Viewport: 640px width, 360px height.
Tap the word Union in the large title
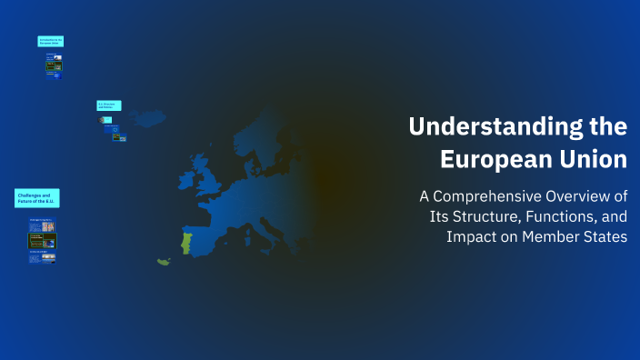coord(594,159)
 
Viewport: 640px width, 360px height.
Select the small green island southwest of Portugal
coord(164,262)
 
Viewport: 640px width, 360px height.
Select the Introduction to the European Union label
coord(51,42)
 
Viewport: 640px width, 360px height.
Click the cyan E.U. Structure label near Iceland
coord(109,106)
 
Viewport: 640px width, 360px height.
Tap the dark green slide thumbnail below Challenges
coord(42,241)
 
